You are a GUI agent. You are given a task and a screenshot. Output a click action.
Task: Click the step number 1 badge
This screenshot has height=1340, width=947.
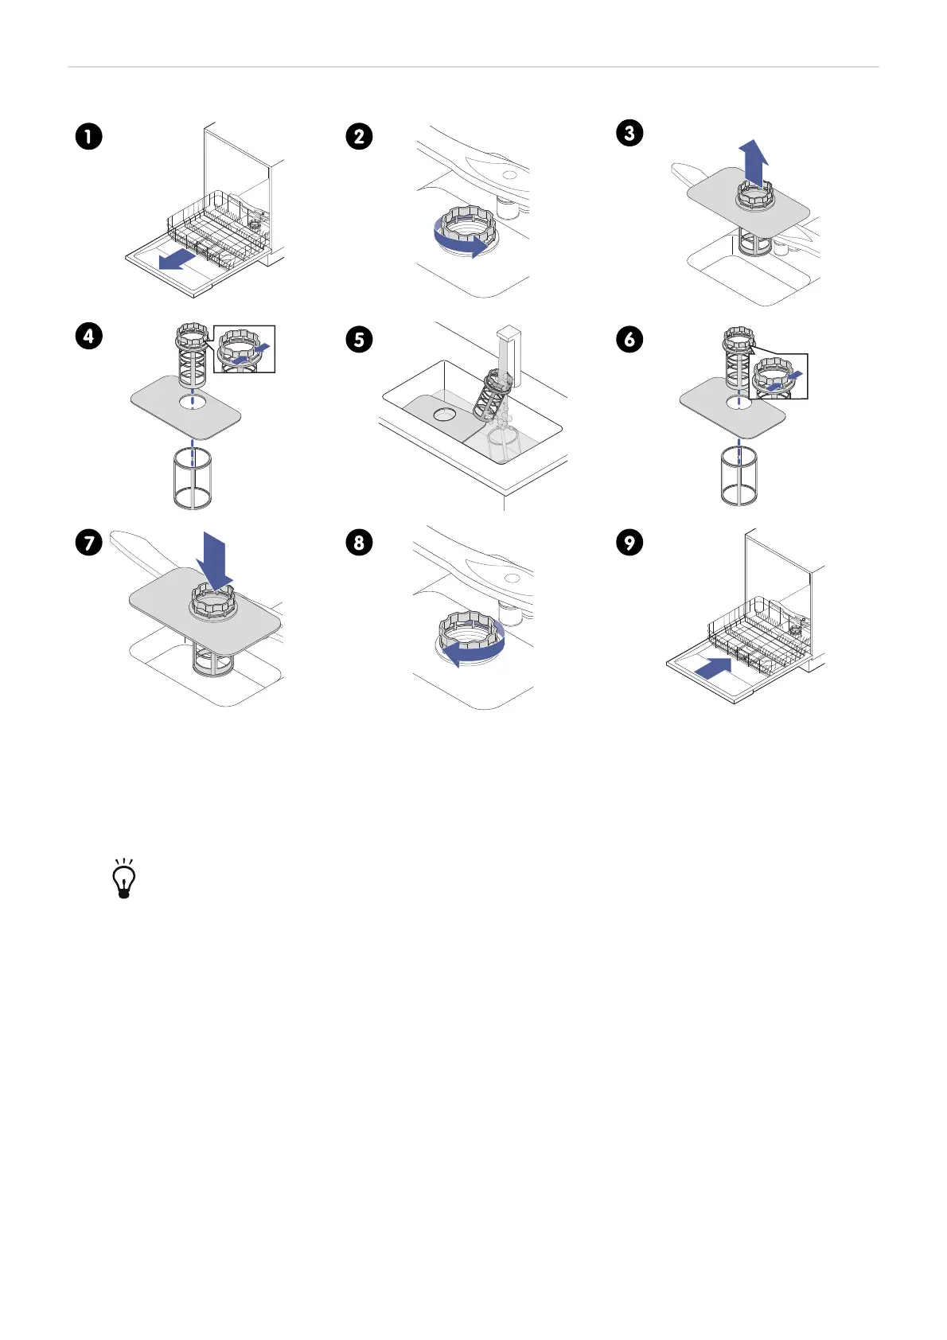pos(89,136)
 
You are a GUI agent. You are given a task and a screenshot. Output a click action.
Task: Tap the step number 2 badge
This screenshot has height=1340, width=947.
pos(360,136)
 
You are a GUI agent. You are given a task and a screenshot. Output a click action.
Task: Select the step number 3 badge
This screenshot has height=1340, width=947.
pos(629,132)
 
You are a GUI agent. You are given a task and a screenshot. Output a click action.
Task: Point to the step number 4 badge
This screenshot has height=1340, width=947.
pos(89,336)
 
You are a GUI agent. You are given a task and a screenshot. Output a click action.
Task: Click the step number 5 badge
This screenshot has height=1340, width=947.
pos(360,340)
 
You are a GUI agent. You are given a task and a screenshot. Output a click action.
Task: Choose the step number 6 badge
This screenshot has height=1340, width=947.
pos(629,340)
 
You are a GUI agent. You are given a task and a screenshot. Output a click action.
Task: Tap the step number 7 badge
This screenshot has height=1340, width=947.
pos(89,543)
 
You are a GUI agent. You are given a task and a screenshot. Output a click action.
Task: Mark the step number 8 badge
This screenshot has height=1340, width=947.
pos(360,543)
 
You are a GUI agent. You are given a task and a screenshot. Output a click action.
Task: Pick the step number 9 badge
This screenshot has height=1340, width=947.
pos(629,543)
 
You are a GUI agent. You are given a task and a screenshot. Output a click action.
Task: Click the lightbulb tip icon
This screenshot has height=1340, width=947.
pos(123,879)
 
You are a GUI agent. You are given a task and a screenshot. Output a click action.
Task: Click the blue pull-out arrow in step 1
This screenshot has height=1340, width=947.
pos(176,259)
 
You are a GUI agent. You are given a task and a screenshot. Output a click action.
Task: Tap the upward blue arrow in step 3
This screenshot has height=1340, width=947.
pos(753,162)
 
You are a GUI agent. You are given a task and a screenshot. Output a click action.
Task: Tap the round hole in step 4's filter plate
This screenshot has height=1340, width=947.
pos(191,402)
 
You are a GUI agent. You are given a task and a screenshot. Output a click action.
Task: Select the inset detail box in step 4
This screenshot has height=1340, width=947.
pos(244,349)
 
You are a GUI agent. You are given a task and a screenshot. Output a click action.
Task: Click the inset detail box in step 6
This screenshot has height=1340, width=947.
pos(778,376)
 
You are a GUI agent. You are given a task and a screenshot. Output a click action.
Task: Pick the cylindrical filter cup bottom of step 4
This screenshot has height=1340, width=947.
pos(192,477)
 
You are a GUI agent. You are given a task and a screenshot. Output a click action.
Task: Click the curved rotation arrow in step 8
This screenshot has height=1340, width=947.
pos(473,648)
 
